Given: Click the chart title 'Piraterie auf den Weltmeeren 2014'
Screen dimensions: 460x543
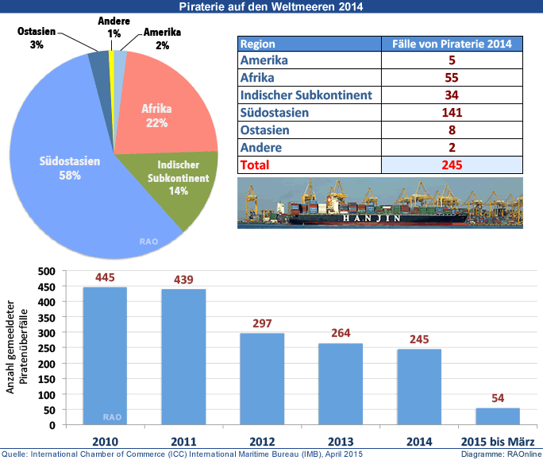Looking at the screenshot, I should click(271, 7).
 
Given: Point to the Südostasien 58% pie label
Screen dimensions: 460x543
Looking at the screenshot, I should click(70, 168).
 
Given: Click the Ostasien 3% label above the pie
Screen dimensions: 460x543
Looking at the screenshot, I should click(37, 38).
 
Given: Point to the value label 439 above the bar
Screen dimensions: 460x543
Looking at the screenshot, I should click(183, 279).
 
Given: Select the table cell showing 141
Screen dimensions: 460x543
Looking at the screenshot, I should click(452, 113).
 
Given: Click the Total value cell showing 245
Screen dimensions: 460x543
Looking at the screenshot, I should click(452, 165).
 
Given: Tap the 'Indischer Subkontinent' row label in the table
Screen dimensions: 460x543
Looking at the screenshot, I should click(306, 95).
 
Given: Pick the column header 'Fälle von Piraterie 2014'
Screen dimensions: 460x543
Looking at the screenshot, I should click(452, 44).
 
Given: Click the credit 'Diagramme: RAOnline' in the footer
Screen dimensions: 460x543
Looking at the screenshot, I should click(500, 454).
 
